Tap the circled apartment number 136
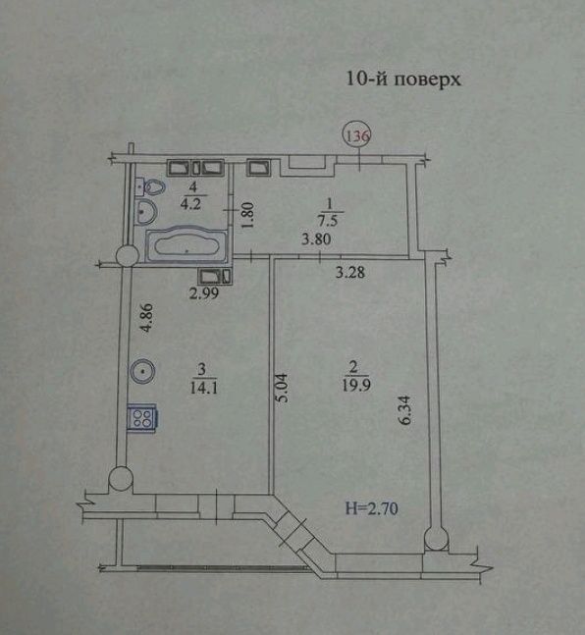point(355,135)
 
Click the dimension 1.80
point(248,215)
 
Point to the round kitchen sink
point(143,372)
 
